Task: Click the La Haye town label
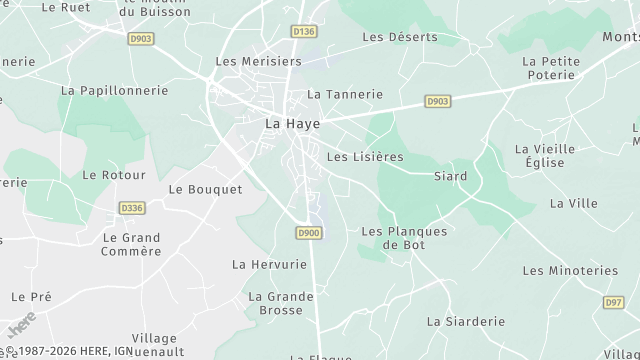point(285,123)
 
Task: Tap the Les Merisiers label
point(258,61)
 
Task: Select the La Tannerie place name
point(345,94)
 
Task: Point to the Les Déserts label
point(400,37)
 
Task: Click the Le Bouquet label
point(205,188)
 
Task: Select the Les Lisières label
point(365,157)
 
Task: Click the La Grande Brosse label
point(275,303)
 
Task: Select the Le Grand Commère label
point(131,244)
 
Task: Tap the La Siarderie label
point(466,321)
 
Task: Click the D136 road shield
point(304,32)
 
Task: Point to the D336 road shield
point(131,208)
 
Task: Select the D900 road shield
point(308,233)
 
